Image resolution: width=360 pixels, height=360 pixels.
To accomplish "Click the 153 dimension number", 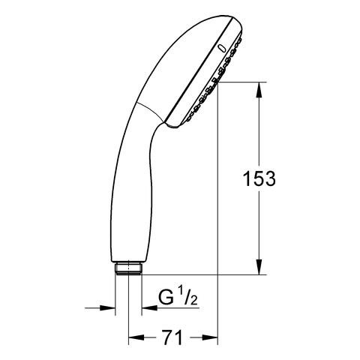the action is point(259,178).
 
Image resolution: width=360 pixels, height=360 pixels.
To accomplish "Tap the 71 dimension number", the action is point(172,337).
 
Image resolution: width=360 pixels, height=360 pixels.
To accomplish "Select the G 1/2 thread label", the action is point(178,297).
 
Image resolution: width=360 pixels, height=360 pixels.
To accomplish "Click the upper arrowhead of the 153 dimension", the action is point(259,90).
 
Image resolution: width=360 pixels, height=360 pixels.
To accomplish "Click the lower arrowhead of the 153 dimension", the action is point(259,267).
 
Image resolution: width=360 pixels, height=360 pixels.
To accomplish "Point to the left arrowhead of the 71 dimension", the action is point(136,337).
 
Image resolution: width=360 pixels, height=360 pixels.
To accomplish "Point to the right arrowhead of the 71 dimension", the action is point(210,337).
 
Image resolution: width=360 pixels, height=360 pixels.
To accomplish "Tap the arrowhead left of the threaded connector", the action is point(107,308).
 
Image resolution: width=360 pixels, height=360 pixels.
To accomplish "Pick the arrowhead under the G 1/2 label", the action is point(149,308).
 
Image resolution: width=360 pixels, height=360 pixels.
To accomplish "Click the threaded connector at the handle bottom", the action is point(128,268).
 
